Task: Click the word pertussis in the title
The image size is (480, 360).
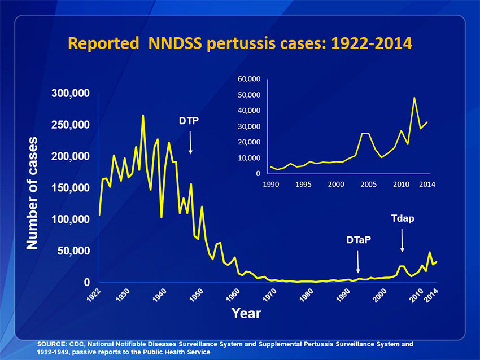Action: [x=237, y=43]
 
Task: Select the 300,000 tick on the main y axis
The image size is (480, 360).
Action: [x=69, y=93]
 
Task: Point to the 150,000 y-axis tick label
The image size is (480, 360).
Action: [x=69, y=187]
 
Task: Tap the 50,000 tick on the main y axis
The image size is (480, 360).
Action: [x=72, y=251]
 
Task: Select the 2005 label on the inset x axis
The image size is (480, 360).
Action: [x=368, y=184]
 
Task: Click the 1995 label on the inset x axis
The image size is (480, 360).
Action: [x=303, y=184]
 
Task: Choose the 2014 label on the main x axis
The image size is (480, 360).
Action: [x=432, y=296]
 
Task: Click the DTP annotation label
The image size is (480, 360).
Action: [x=189, y=121]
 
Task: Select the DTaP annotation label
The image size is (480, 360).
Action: [x=359, y=241]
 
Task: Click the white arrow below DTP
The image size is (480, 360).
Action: [x=191, y=142]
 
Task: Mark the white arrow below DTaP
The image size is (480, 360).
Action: [x=358, y=262]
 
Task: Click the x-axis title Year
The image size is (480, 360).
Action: [x=246, y=313]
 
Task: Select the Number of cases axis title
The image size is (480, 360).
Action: [x=33, y=192]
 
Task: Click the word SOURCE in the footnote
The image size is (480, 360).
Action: [x=51, y=344]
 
